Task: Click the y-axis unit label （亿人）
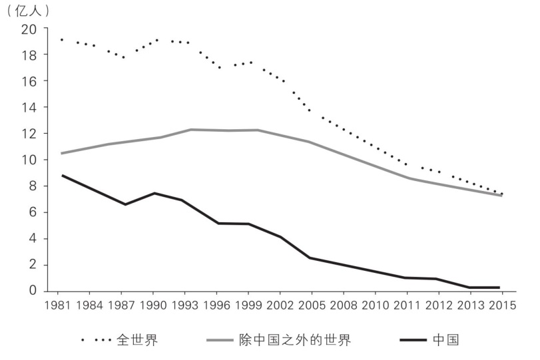click(27, 11)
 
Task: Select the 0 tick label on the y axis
click(31, 291)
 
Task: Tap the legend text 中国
click(445, 341)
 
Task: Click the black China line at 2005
click(310, 258)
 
